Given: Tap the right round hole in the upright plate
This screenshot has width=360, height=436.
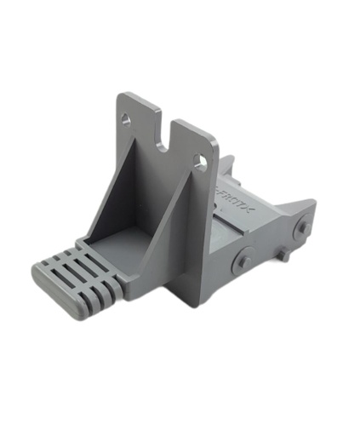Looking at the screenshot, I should click(201, 159).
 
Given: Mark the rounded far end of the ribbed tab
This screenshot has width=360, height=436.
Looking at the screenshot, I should click(42, 272).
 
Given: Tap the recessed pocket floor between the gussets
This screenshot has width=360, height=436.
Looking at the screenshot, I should click(123, 243).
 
